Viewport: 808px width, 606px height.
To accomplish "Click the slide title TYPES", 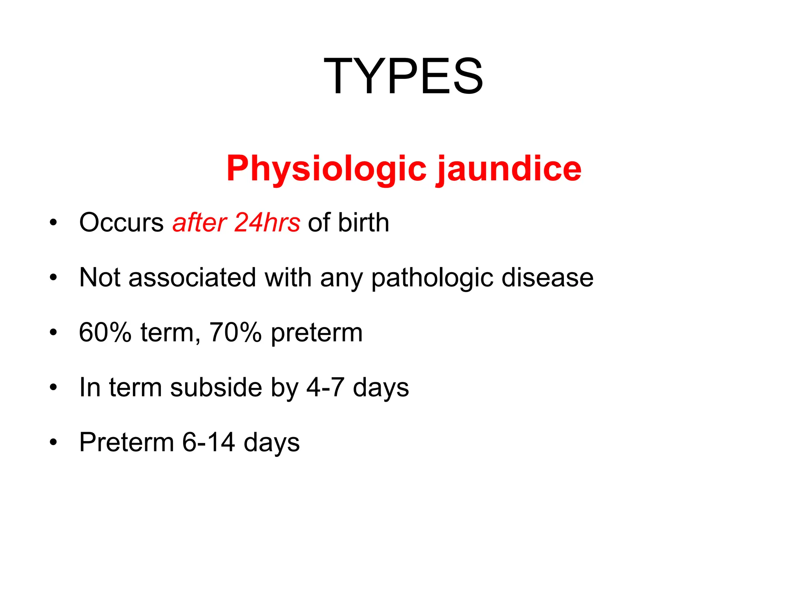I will [x=403, y=76].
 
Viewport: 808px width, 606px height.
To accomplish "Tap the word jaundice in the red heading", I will [x=509, y=169].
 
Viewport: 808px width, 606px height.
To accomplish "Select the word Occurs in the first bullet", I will [x=121, y=223].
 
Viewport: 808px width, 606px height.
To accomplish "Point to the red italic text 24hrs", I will [x=267, y=223].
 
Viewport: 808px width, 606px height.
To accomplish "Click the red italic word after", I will [x=199, y=223].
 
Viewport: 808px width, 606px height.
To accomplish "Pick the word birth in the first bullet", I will [x=363, y=223].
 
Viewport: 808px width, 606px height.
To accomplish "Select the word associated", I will [x=192, y=277].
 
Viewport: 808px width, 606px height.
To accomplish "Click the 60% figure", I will [x=105, y=332].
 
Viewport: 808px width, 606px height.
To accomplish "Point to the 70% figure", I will [x=235, y=332].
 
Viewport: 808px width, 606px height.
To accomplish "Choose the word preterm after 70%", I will [x=316, y=333].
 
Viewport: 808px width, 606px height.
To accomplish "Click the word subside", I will [x=216, y=387].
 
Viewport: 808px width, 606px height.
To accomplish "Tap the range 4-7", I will [x=325, y=387].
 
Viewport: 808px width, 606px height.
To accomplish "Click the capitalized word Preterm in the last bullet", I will [x=126, y=442].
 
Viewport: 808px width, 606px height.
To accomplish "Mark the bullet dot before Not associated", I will [x=53, y=278].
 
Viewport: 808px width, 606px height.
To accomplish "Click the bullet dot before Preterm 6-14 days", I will [x=53, y=442].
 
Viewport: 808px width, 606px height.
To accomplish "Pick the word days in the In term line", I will [x=381, y=388].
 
